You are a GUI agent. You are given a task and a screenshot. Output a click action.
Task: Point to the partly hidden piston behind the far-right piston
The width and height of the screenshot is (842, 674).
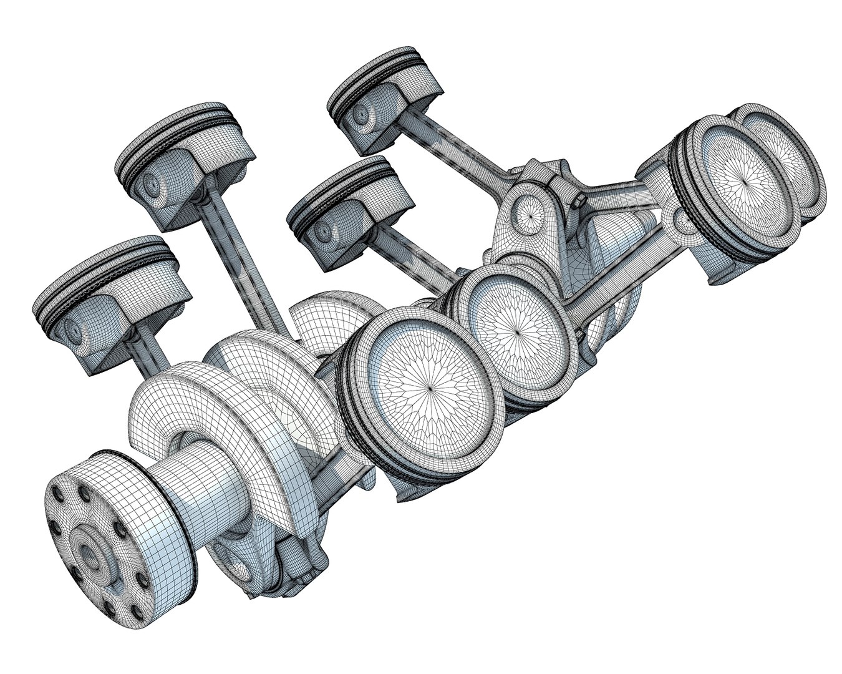pyautogui.click(x=805, y=156)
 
